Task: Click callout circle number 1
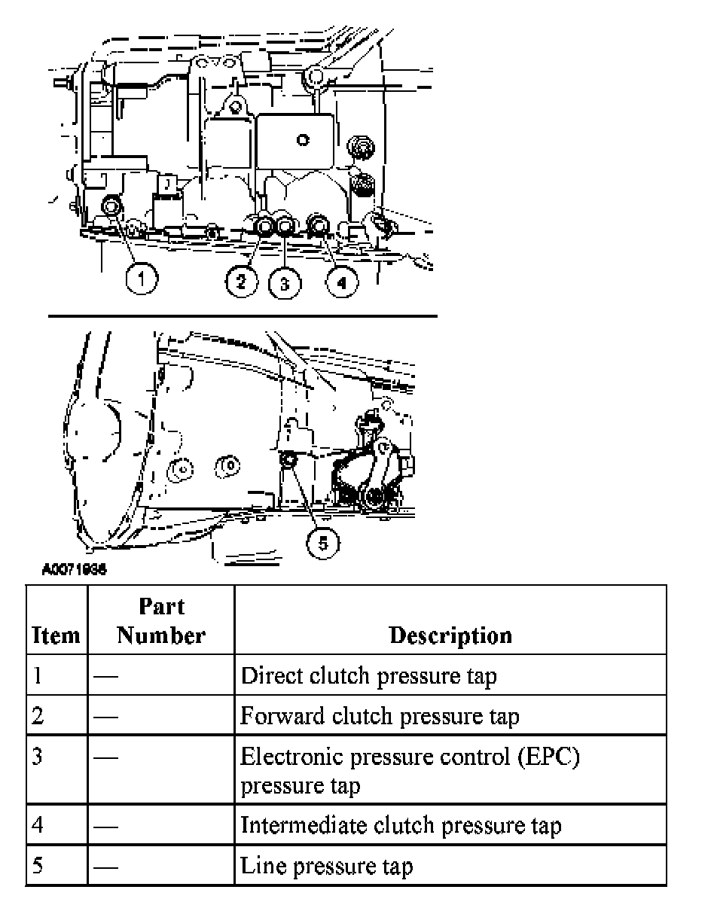141,280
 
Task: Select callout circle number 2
241,282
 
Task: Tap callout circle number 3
285,283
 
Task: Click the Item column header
56,635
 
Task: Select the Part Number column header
161,621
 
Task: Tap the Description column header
450,635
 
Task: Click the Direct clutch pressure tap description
368,675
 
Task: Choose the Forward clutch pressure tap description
380,715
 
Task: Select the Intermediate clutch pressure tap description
401,825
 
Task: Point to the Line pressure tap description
326,866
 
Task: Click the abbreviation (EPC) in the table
548,757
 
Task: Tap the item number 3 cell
37,756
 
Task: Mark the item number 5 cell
37,866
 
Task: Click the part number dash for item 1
105,676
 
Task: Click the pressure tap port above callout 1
113,205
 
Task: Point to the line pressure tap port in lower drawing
287,460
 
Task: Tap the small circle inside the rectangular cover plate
302,139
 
